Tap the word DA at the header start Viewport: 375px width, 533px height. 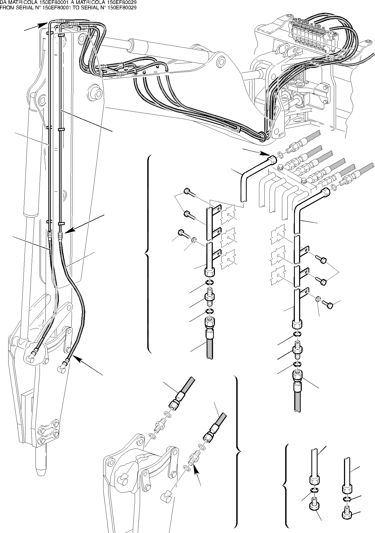3,2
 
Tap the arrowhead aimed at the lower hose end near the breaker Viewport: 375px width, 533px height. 76,358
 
